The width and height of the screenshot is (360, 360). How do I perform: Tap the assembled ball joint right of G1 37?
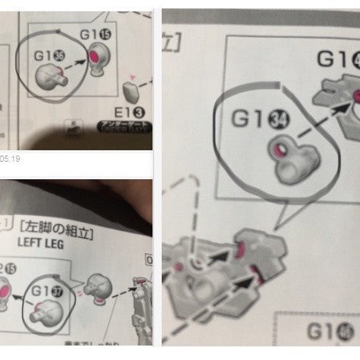click(x=99, y=288)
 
